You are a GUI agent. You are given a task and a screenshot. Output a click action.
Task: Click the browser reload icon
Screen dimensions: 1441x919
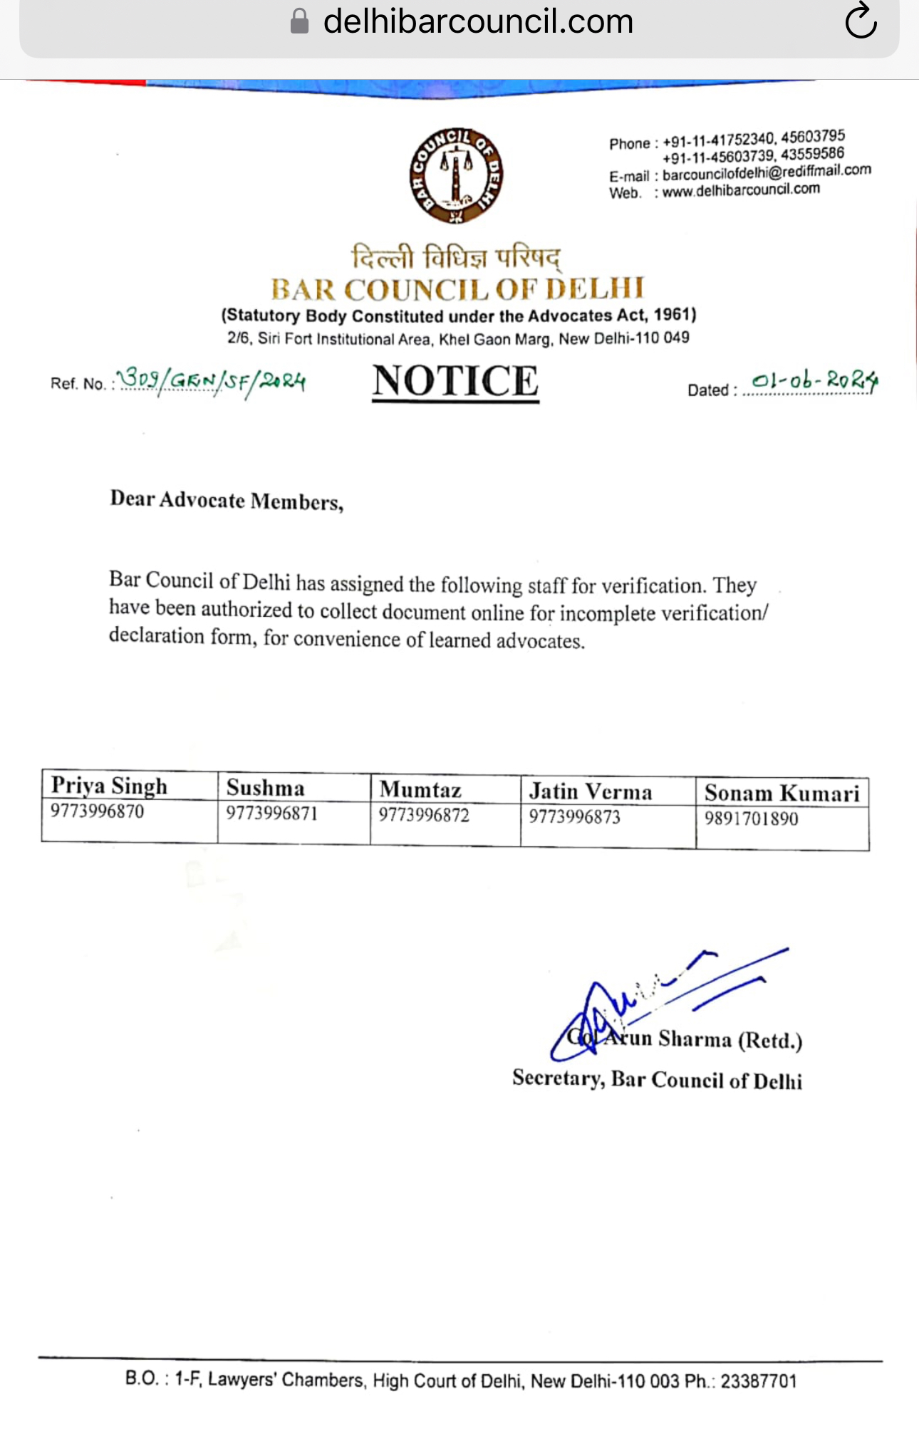[x=861, y=21]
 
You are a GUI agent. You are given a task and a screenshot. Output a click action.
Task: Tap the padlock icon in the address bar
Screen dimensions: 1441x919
[x=300, y=21]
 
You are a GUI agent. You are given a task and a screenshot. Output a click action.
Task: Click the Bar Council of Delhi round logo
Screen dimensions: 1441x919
[x=456, y=175]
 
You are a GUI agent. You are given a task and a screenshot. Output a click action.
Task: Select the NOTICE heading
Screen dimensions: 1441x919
[x=455, y=381]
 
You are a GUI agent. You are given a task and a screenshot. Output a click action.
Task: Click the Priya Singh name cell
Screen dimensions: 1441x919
[x=109, y=786]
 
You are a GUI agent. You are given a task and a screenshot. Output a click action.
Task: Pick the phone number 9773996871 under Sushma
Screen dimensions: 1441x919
[x=271, y=813]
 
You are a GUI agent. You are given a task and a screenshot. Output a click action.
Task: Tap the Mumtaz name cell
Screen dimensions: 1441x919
[x=420, y=789]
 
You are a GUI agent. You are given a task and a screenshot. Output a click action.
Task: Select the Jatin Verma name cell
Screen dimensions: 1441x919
[x=590, y=791]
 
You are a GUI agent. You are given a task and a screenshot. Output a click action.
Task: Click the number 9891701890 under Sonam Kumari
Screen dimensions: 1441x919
[x=751, y=818]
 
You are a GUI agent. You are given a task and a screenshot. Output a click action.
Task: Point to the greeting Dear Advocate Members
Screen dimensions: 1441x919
[x=227, y=501]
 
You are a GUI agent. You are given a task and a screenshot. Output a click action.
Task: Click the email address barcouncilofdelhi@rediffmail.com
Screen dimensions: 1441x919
[x=767, y=172]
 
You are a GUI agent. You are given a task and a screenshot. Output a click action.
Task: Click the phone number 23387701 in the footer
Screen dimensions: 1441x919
[x=758, y=1381]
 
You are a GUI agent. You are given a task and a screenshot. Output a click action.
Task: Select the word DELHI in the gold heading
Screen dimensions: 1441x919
[x=595, y=288]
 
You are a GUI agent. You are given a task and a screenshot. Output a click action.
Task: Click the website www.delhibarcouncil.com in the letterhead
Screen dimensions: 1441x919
[x=741, y=190]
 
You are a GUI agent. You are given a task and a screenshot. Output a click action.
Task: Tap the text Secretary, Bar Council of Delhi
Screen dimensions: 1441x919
[x=657, y=1080]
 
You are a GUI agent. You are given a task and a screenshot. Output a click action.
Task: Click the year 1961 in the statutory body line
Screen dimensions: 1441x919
[x=673, y=314]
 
